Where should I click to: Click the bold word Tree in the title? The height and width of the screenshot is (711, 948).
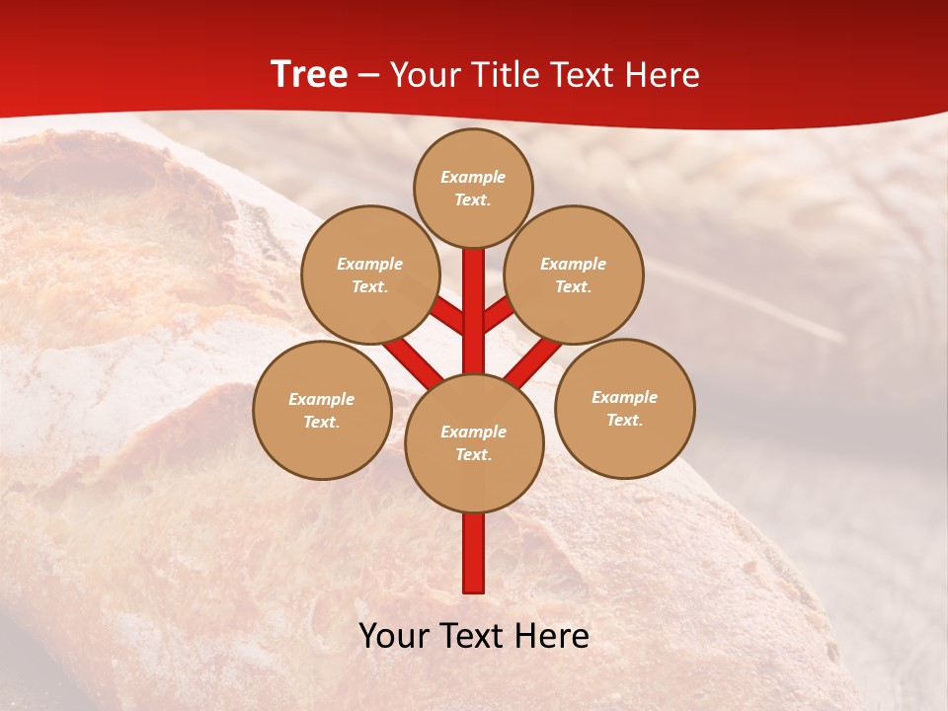coord(309,75)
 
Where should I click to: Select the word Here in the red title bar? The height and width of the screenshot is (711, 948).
coord(661,75)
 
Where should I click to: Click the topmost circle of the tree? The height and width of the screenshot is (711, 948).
coord(473,188)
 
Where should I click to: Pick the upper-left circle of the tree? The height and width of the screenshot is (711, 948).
coord(370,275)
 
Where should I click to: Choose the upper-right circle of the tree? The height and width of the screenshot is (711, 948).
coord(574,275)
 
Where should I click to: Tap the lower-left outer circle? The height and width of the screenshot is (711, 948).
coord(322,410)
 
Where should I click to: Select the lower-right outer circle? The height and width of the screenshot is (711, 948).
coord(625,408)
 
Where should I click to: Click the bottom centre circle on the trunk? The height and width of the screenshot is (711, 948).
coord(474,443)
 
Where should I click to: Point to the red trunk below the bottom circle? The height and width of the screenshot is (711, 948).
coord(474,553)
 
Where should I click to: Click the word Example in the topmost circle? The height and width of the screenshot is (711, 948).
coord(473,177)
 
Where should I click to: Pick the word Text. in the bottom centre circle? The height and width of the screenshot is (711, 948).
coord(473,455)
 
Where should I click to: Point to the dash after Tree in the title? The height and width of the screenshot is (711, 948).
coord(367,75)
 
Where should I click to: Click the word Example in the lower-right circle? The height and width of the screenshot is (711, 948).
coord(624,397)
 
